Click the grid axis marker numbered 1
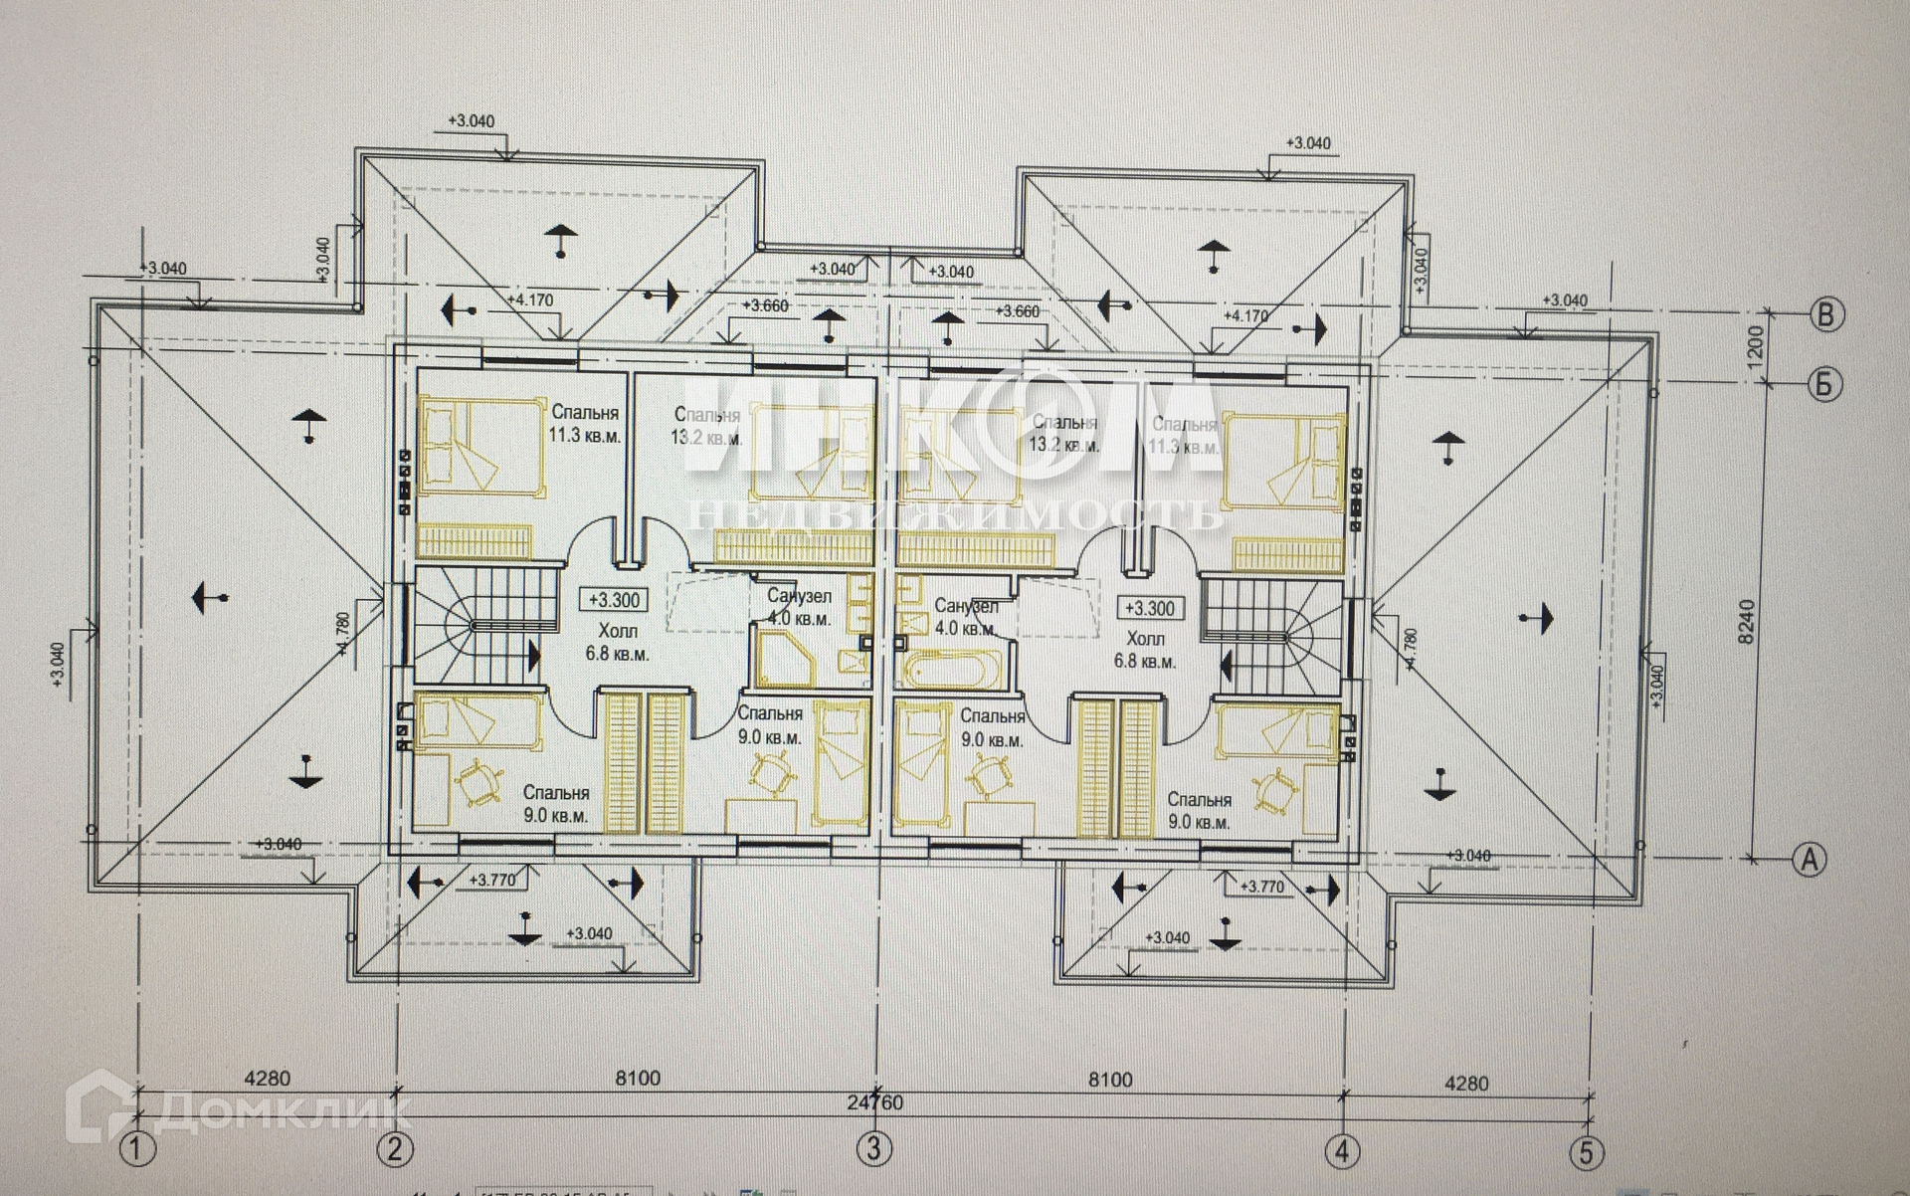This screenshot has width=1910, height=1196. pyautogui.click(x=139, y=1150)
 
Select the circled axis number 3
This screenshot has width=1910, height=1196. pyautogui.click(x=873, y=1150)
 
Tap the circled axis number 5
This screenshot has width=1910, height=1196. pyautogui.click(x=1586, y=1152)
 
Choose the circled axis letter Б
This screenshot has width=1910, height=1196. pyautogui.click(x=1824, y=383)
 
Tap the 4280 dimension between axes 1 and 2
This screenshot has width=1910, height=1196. pyautogui.click(x=268, y=1078)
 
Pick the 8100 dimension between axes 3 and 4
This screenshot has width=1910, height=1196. pyautogui.click(x=1110, y=1080)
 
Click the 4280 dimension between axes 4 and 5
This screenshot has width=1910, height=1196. pyautogui.click(x=1465, y=1083)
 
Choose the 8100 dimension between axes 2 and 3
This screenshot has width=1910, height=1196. pyautogui.click(x=638, y=1078)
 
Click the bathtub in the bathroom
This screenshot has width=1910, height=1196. pyautogui.click(x=950, y=670)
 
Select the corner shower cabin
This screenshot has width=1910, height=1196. pyautogui.click(x=784, y=660)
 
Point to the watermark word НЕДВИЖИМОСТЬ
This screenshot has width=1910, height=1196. pyautogui.click(x=954, y=514)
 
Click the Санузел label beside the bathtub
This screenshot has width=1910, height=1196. pyautogui.click(x=966, y=606)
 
